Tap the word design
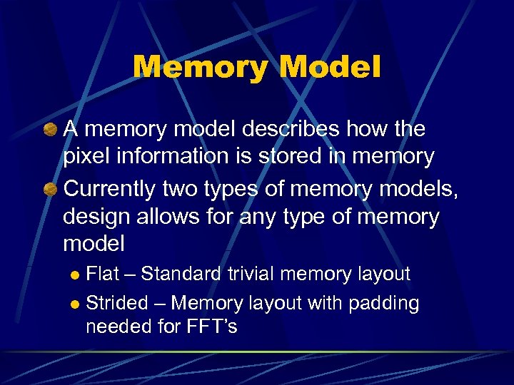pos(96,217)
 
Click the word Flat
pos(103,274)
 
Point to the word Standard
pos(182,274)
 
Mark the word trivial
pos(252,274)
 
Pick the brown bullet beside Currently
pos(50,190)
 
